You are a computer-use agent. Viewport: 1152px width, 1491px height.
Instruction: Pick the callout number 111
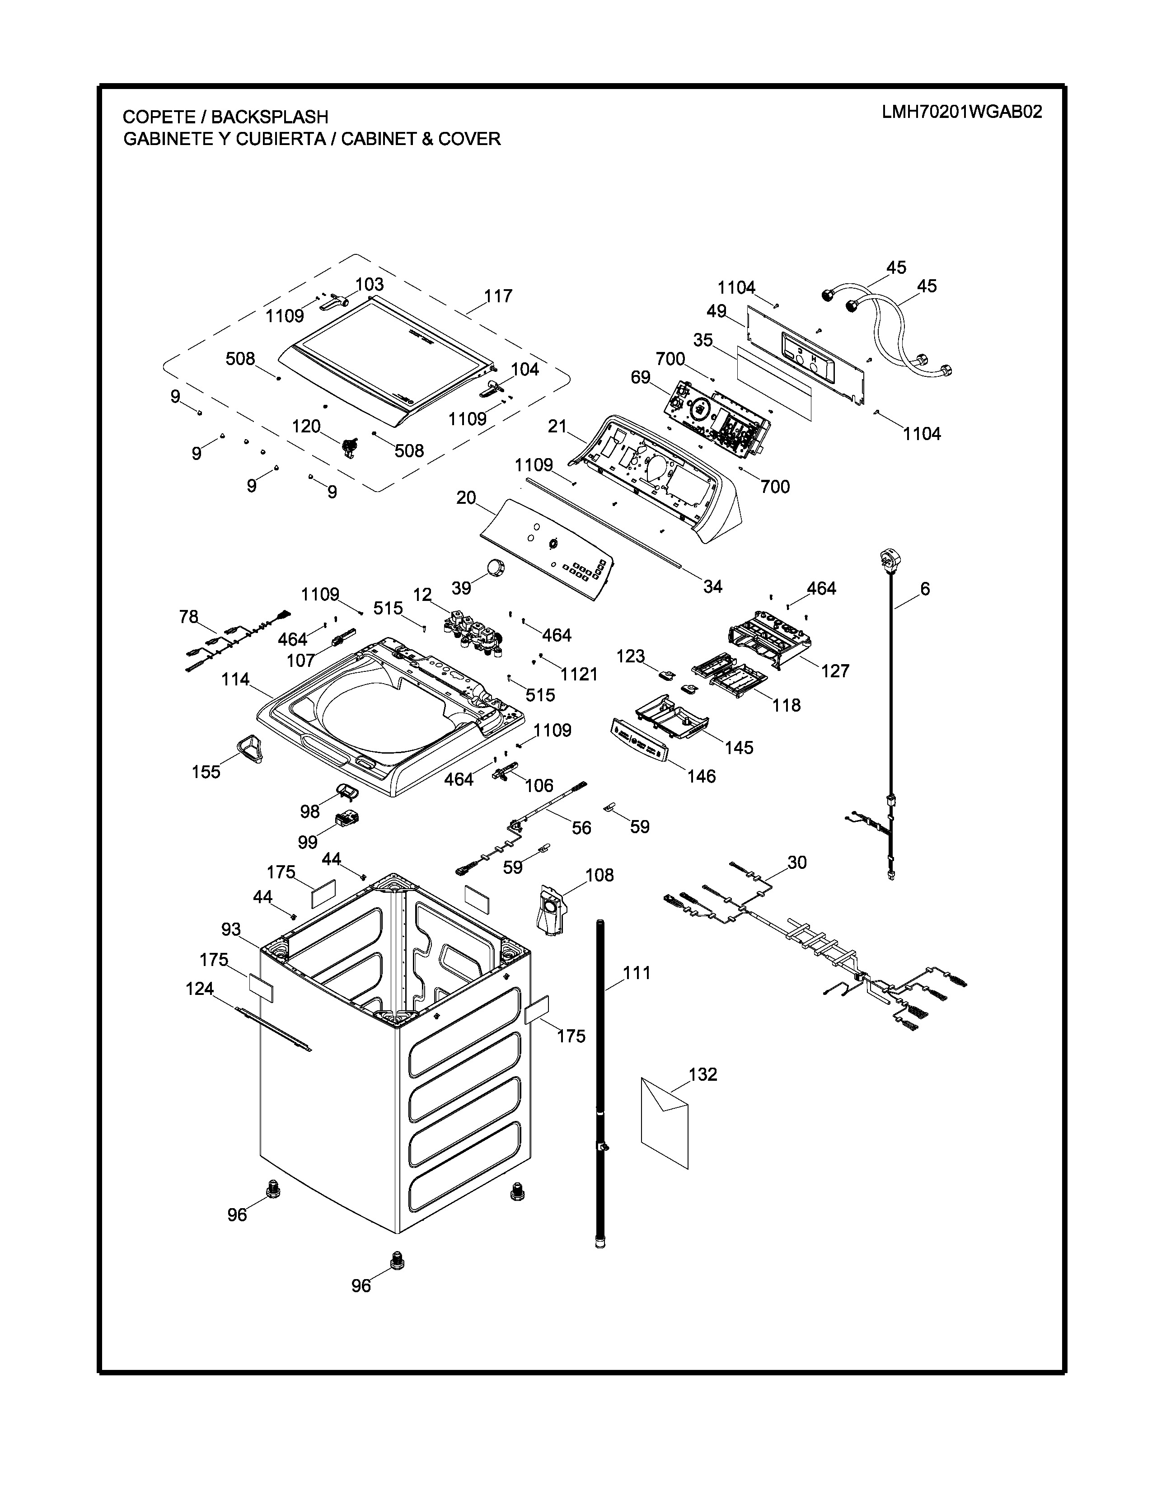[x=637, y=972]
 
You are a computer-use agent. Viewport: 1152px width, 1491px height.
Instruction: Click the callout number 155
[x=206, y=772]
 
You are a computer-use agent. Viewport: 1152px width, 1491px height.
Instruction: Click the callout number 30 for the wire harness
[x=796, y=862]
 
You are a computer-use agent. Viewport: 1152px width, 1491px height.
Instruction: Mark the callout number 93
[x=231, y=928]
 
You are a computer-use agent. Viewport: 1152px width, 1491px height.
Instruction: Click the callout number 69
[x=640, y=378]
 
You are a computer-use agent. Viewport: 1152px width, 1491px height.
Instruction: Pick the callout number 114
[x=235, y=679]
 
